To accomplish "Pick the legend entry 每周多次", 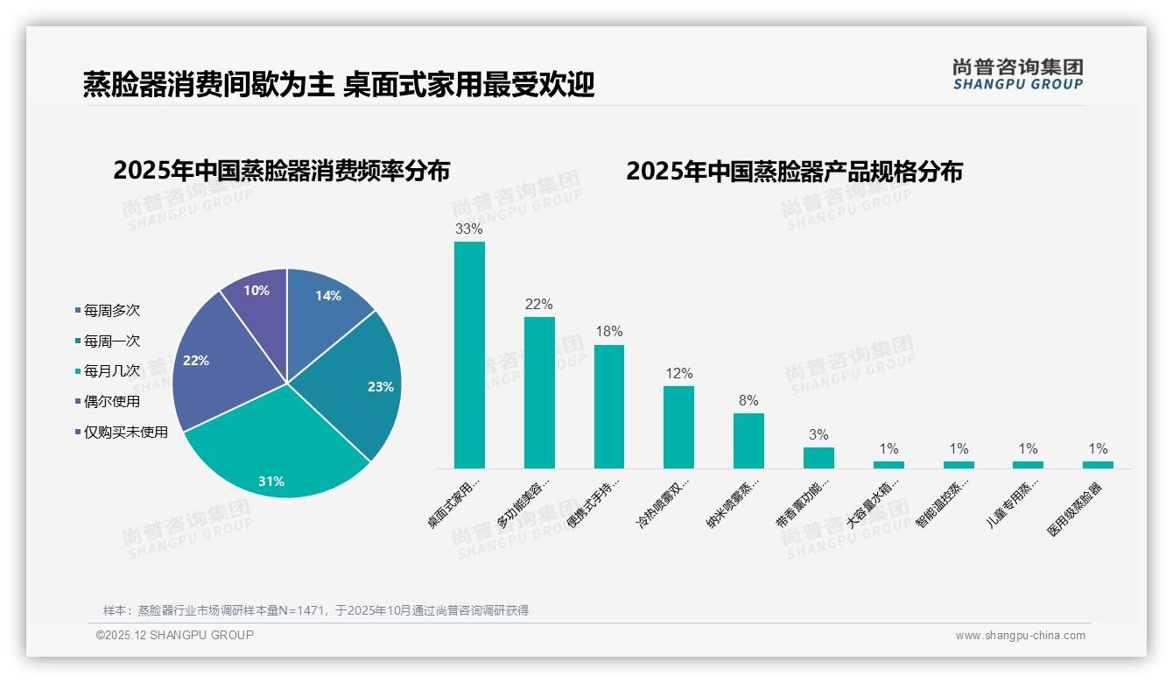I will pyautogui.click(x=111, y=310).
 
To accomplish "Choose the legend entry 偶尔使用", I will pyautogui.click(x=111, y=401).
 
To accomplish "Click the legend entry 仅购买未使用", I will pyautogui.click(x=125, y=432).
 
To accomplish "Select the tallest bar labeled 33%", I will pyautogui.click(x=469, y=355).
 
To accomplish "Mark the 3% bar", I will pyautogui.click(x=818, y=458).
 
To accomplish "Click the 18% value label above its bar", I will pyautogui.click(x=609, y=332).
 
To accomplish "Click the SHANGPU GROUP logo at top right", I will pyautogui.click(x=1018, y=74).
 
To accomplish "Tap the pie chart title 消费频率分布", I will pyautogui.click(x=281, y=171).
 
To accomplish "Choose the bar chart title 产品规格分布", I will pyautogui.click(x=794, y=171).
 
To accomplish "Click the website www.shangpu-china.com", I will pyautogui.click(x=1020, y=636).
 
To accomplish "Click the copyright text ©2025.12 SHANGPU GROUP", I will pyautogui.click(x=175, y=635).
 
